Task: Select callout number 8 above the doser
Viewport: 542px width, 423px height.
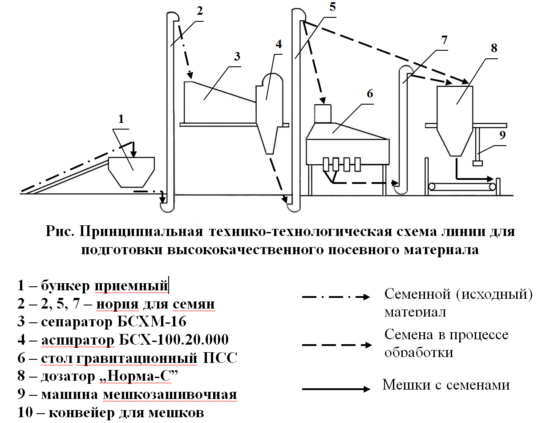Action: click(493, 48)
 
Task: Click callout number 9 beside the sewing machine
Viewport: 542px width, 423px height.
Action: click(502, 135)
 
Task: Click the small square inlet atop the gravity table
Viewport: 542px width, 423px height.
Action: click(324, 113)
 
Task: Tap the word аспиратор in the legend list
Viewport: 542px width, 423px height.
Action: click(77, 340)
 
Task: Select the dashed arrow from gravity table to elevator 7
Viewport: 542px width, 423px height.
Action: click(365, 182)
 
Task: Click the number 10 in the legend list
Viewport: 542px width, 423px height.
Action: click(26, 413)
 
